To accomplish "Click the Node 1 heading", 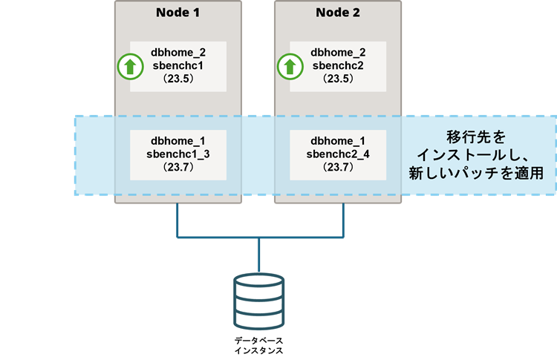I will [177, 13].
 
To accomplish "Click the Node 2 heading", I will [337, 13].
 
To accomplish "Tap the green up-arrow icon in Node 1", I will [130, 67].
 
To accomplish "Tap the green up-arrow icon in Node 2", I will [289, 67].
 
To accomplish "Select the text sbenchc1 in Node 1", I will [177, 65].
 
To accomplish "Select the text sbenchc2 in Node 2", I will [338, 65].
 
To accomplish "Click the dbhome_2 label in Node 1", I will [177, 52].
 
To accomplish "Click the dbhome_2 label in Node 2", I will [338, 52].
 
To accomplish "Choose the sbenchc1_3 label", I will [177, 154].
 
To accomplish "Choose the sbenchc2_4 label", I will [338, 154].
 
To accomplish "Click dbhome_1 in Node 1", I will [177, 141].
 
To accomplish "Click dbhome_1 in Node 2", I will [338, 141].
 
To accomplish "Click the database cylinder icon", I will [258, 301].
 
